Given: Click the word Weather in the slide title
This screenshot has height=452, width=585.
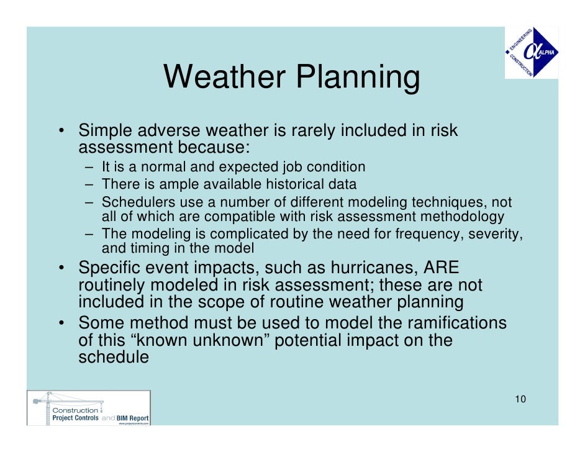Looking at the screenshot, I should tap(224, 78).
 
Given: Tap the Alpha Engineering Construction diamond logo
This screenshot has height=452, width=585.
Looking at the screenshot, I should tap(531, 53).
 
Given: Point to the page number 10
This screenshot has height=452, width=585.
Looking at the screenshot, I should tap(520, 399).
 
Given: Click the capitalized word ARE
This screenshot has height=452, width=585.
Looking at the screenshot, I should tap(442, 268).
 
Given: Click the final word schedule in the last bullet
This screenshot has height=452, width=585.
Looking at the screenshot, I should tap(114, 358).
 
